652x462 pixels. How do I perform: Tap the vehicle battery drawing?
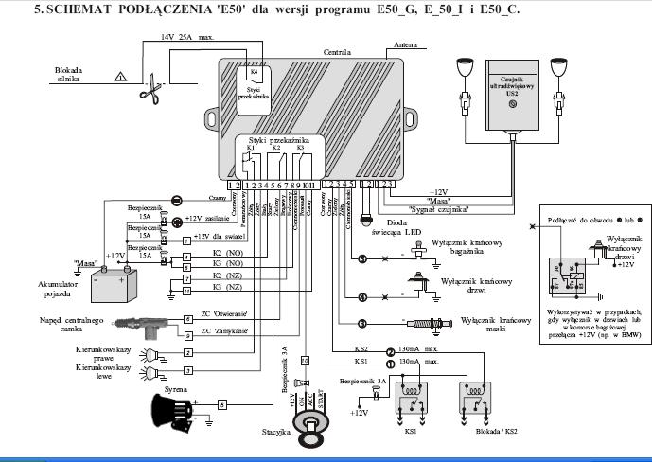pyautogui.click(x=112, y=279)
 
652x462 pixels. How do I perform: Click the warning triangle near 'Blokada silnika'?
pyautogui.click(x=119, y=76)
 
